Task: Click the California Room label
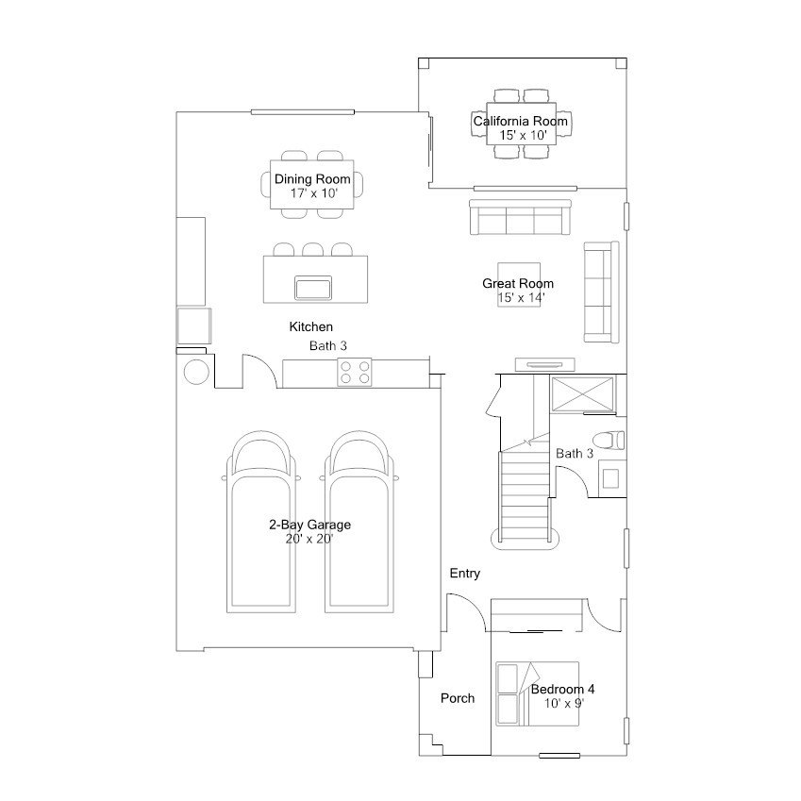(x=520, y=121)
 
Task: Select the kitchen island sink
(x=313, y=288)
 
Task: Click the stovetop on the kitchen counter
(x=355, y=372)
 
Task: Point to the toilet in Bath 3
(x=609, y=441)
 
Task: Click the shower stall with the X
(x=583, y=393)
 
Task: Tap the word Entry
(x=464, y=574)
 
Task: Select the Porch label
(x=458, y=698)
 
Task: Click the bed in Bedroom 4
(x=537, y=693)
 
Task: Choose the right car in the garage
(x=359, y=522)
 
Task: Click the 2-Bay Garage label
(x=310, y=525)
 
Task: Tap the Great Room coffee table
(x=519, y=285)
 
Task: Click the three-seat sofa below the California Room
(x=520, y=217)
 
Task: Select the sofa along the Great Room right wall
(x=601, y=292)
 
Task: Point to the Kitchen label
(x=310, y=327)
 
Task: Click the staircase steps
(x=525, y=495)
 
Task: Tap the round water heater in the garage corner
(x=196, y=372)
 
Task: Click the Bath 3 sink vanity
(x=611, y=478)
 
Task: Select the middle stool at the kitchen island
(x=312, y=249)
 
